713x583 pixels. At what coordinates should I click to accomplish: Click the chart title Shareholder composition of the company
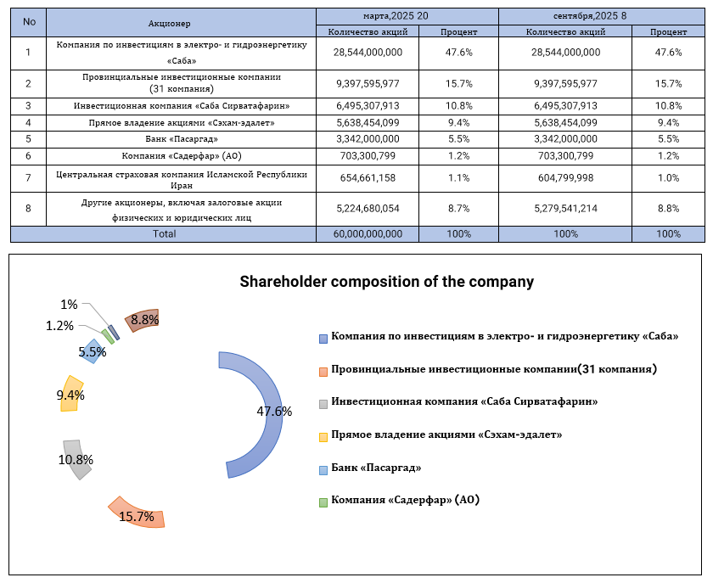click(x=386, y=282)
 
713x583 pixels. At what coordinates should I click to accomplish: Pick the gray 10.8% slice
click(x=76, y=459)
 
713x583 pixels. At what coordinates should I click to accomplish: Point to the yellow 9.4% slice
click(x=71, y=394)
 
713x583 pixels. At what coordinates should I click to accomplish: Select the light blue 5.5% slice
click(x=93, y=350)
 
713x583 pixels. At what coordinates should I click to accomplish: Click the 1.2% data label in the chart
click(x=60, y=326)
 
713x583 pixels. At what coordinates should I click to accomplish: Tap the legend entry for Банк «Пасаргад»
click(x=376, y=468)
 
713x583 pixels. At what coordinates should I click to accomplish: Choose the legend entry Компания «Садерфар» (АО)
click(x=405, y=501)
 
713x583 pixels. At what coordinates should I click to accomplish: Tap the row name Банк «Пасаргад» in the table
click(x=182, y=138)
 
